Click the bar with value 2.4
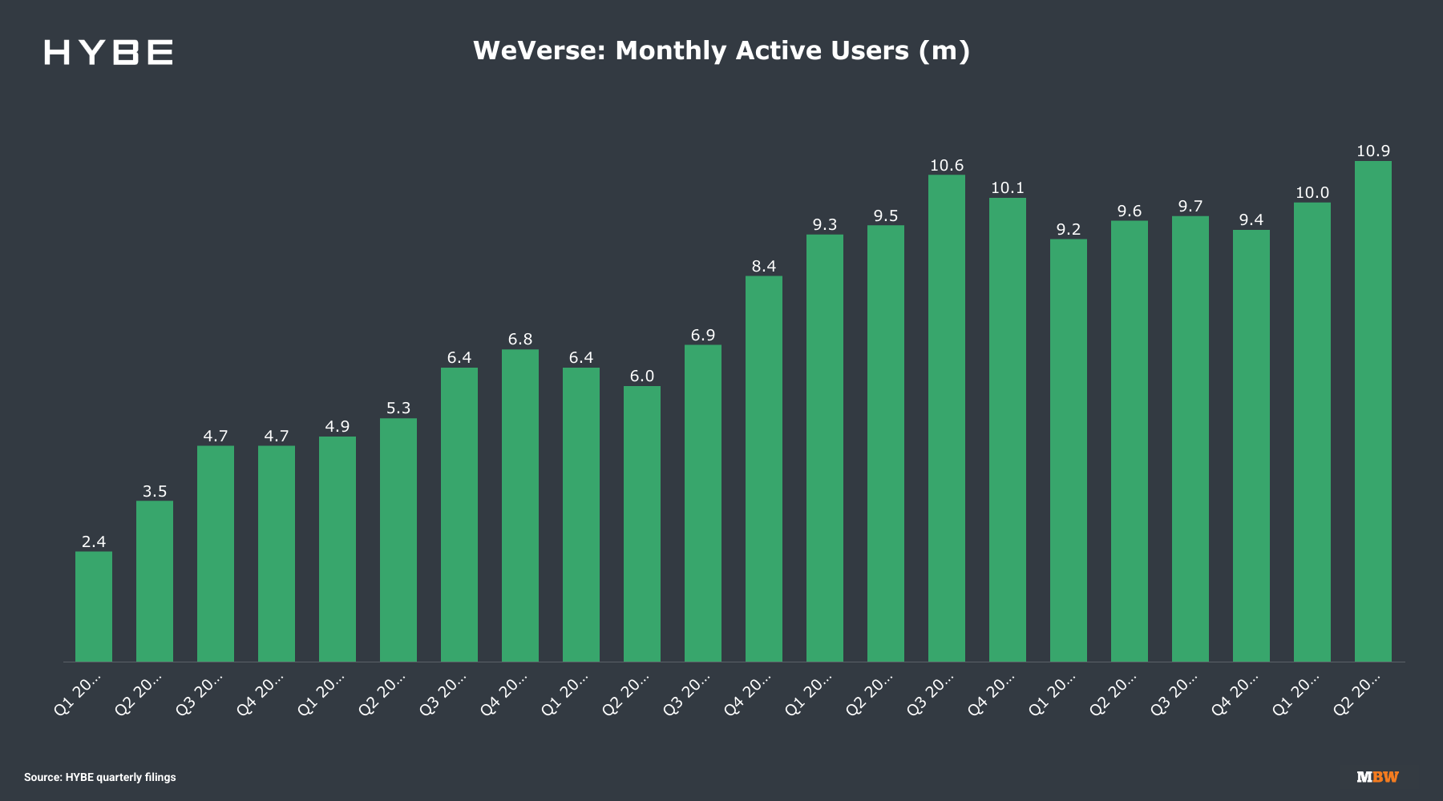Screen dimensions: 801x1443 pos(94,606)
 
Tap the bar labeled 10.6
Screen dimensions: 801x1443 pos(946,418)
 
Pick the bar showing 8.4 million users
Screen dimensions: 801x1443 pos(763,469)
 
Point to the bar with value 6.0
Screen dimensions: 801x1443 pos(641,524)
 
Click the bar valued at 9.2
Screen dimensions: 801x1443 pos(1068,450)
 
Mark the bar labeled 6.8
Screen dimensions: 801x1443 pos(519,505)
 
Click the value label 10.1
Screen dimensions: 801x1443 pos(1008,188)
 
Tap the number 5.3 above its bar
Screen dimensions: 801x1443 pos(398,409)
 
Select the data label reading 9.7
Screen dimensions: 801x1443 pos(1190,207)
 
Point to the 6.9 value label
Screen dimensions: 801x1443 pos(703,336)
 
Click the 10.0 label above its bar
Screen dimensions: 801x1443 pos(1312,193)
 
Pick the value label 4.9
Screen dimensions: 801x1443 pos(338,427)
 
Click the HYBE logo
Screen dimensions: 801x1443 pos(108,52)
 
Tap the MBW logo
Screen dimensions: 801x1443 pos(1377,777)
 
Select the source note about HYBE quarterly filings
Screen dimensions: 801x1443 pos(100,777)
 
